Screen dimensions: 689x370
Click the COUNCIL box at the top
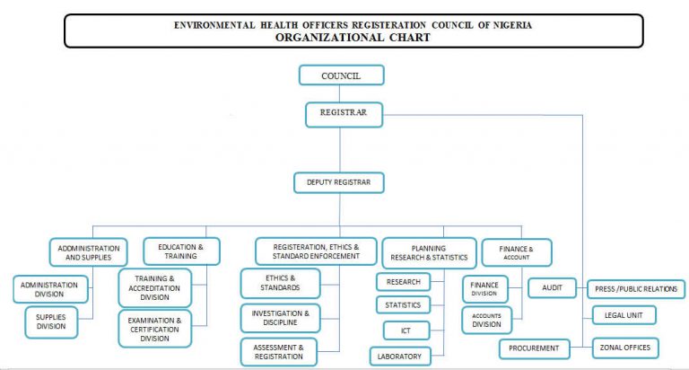tap(342, 75)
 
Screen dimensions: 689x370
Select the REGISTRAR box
tap(344, 115)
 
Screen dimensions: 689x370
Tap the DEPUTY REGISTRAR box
tap(339, 182)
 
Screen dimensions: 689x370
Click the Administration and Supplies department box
tap(88, 252)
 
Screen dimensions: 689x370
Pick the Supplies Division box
tap(51, 322)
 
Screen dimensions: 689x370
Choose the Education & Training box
tap(181, 251)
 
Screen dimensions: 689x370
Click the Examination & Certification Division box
tap(154, 329)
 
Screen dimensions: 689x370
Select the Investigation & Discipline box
tap(280, 318)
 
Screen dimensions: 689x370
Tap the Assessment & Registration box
tap(279, 352)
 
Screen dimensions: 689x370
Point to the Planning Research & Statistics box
tap(430, 253)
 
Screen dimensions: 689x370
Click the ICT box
tap(406, 330)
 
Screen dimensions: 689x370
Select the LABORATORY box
tap(400, 357)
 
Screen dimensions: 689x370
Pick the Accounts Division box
tap(487, 321)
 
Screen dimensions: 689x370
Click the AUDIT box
tap(552, 287)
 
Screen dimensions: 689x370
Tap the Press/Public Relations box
tap(636, 289)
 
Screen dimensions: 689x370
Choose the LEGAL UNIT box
tap(624, 315)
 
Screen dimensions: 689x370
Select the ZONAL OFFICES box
tap(625, 348)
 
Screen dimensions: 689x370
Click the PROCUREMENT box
tap(535, 348)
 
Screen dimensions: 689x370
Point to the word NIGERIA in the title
tap(512, 25)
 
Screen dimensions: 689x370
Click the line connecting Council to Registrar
tap(340, 93)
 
